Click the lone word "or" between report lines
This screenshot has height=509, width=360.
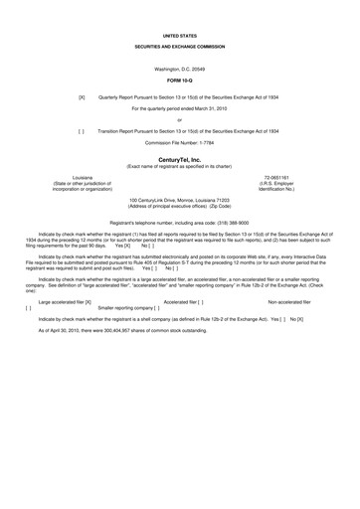pyautogui.click(x=180, y=119)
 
